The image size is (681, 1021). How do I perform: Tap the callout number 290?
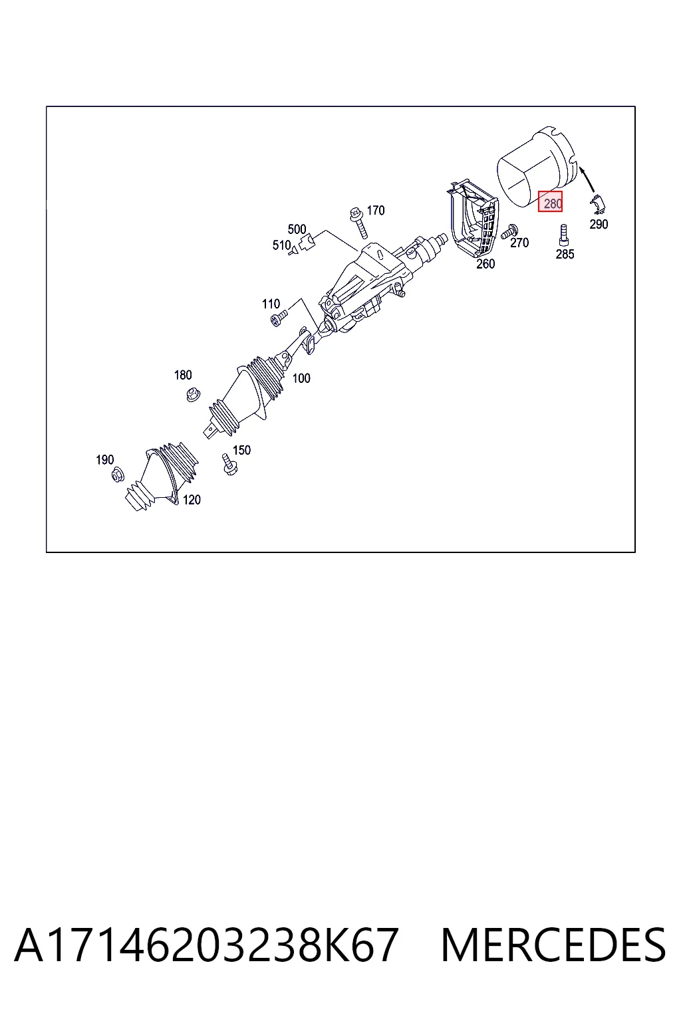(599, 224)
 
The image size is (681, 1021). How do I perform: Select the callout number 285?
(565, 255)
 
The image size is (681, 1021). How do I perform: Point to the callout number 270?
(519, 243)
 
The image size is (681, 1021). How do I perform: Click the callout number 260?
(485, 264)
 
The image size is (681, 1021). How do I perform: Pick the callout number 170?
(375, 210)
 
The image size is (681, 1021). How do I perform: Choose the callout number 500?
(297, 229)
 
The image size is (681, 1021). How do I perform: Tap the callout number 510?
(281, 245)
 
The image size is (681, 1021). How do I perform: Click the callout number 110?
(271, 304)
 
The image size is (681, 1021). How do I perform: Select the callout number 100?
(301, 378)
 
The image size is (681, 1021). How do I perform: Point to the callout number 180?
(182, 375)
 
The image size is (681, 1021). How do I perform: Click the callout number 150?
(241, 450)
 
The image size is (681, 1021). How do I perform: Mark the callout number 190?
(104, 459)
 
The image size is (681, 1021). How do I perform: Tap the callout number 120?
(192, 500)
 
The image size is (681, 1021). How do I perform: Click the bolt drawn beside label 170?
(358, 223)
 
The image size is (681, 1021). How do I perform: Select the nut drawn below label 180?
(194, 394)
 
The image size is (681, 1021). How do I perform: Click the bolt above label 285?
(564, 235)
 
